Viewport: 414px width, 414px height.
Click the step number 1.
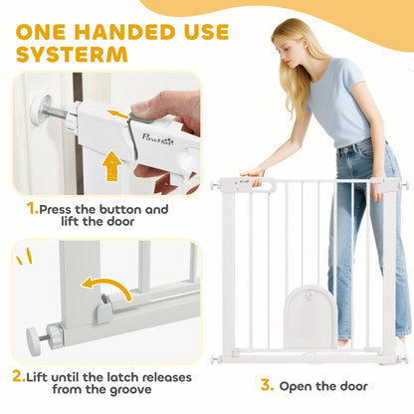33,209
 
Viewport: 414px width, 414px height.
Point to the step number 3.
265,385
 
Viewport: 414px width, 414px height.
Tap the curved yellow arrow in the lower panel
105,288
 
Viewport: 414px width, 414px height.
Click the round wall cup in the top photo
41,107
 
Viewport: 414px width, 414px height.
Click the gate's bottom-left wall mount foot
216,356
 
